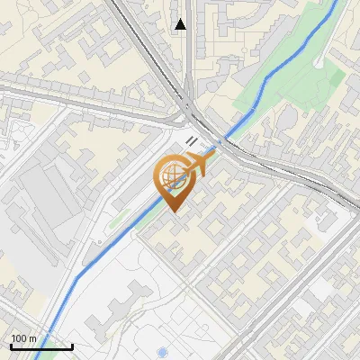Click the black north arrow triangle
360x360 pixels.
181,24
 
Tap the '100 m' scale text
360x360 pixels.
24,338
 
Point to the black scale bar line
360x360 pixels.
40,346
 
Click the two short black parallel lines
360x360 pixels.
192,140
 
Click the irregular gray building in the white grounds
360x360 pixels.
135,301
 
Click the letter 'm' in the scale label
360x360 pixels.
33,338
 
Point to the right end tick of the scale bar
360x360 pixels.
72,346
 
